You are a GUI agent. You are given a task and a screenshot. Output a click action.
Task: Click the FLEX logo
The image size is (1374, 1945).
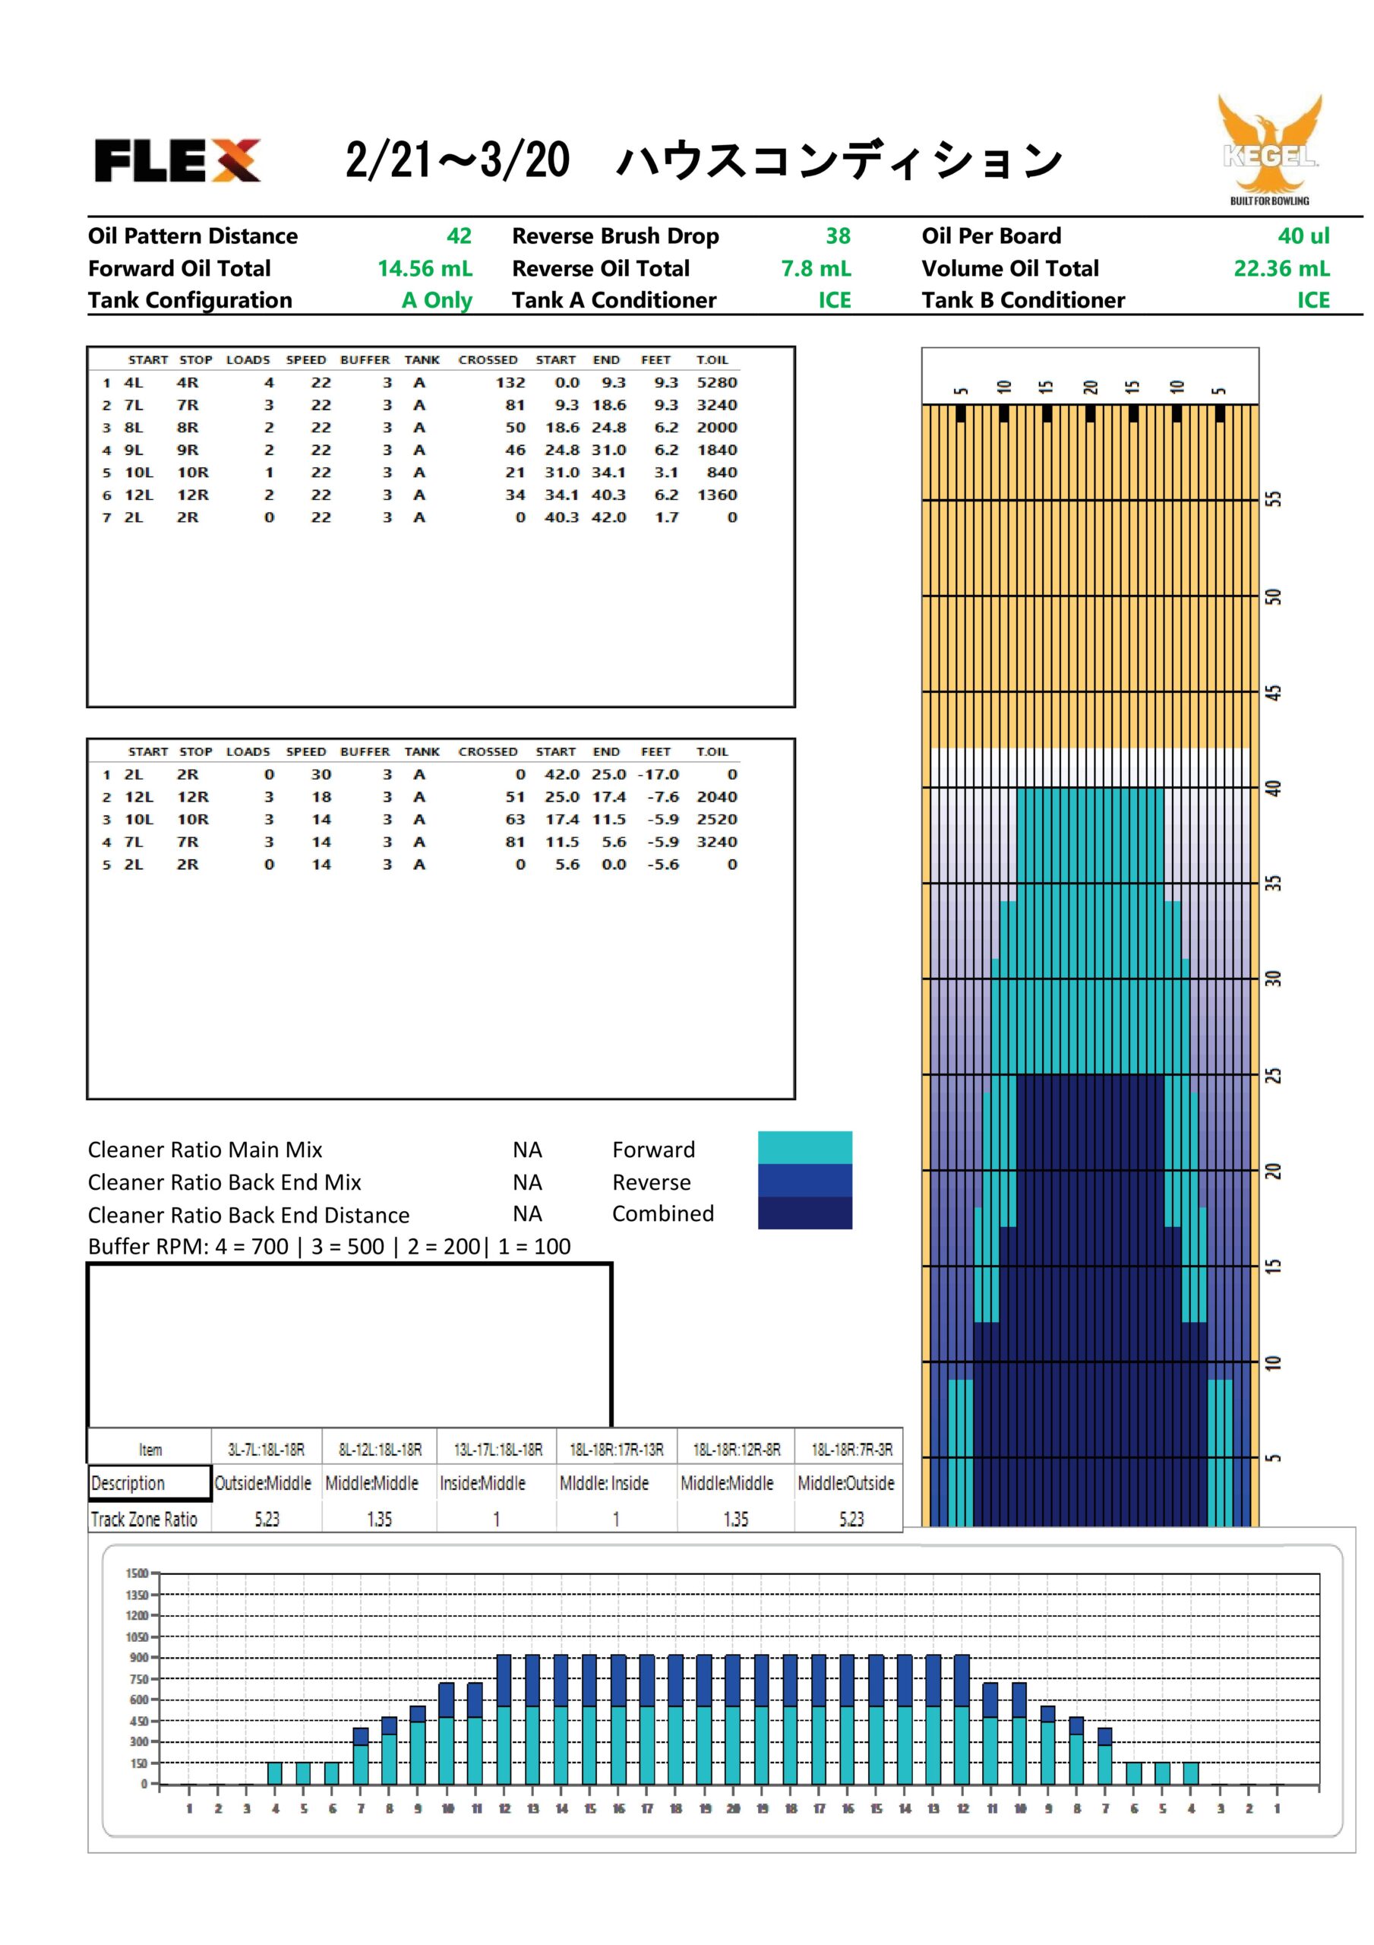click(x=177, y=160)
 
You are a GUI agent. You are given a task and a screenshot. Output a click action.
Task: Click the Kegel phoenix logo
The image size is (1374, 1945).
click(x=1270, y=149)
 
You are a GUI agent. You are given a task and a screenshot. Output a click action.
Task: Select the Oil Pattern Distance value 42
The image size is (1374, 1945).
click(x=459, y=236)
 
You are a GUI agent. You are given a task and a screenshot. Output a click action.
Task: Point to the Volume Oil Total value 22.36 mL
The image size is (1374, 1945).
click(x=1281, y=268)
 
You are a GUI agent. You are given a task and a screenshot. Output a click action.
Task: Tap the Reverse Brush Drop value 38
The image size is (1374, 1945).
click(x=838, y=236)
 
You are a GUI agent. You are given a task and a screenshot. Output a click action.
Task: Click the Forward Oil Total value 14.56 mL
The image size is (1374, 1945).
click(x=425, y=268)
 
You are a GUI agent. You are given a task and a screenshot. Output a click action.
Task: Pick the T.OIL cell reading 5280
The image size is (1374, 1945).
click(x=717, y=383)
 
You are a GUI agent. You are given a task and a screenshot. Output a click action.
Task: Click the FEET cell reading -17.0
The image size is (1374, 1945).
click(x=659, y=774)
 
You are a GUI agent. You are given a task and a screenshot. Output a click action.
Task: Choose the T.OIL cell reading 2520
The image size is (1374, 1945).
click(x=717, y=819)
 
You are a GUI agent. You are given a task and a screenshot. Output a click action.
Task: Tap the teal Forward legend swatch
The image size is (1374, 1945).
click(x=805, y=1147)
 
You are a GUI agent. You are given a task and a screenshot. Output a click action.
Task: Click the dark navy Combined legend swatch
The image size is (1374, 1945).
click(x=805, y=1213)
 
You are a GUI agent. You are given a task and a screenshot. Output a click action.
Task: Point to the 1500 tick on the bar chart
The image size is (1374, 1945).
click(x=137, y=1573)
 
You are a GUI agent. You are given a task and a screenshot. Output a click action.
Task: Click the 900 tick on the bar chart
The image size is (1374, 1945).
click(x=139, y=1657)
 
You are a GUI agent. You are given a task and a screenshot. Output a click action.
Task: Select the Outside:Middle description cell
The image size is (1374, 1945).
click(x=263, y=1483)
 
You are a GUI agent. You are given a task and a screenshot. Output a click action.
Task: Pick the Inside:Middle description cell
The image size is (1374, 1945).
click(x=482, y=1483)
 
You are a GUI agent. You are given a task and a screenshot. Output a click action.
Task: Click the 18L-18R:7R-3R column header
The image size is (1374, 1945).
click(x=851, y=1450)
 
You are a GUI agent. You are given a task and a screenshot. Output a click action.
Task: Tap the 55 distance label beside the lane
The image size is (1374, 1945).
click(x=1273, y=499)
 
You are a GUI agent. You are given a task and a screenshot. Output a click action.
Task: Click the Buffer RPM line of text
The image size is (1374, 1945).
click(x=330, y=1246)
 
